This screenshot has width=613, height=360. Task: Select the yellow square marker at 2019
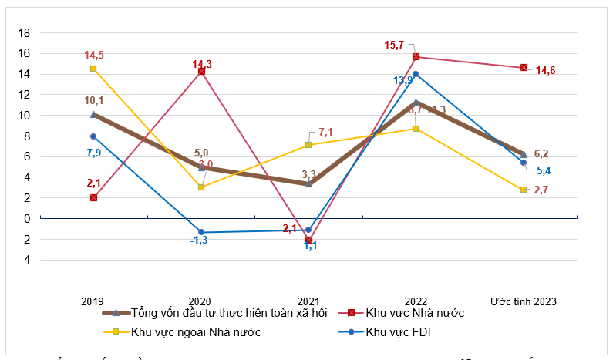pos(93,69)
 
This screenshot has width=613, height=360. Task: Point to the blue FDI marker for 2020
pos(201,232)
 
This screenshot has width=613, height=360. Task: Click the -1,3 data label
pos(200,241)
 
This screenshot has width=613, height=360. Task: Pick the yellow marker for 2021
pos(308,145)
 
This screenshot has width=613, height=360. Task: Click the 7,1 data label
pos(325,133)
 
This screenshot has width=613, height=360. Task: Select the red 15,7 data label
pos(394,45)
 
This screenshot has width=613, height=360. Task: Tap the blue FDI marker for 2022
pos(416,74)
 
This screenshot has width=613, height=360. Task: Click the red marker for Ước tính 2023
pos(524,67)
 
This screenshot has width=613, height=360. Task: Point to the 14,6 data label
pos(545,71)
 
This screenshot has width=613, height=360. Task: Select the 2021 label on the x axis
pos(308,301)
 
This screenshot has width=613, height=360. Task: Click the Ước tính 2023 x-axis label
pos(524,301)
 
